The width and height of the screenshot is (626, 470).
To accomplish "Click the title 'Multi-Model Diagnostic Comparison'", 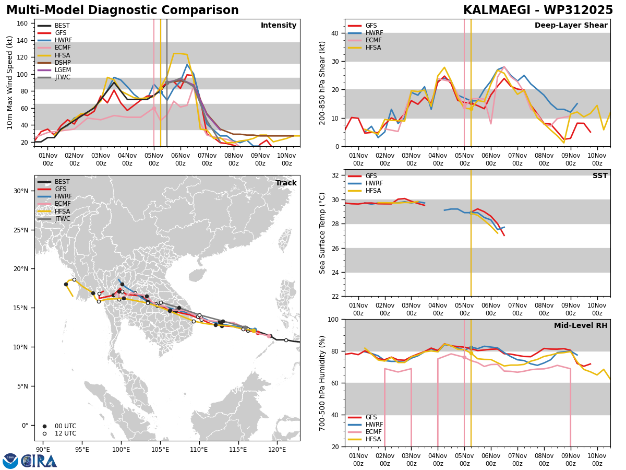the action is click(123, 10).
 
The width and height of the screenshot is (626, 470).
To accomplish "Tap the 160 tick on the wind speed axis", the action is click(22, 23).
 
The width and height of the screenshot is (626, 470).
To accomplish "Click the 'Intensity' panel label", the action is click(279, 26).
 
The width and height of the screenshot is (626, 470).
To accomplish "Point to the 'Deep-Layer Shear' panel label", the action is click(571, 26).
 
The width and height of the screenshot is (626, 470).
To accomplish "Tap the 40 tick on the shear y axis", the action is click(335, 33).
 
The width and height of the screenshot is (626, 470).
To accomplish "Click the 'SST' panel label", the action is click(600, 176).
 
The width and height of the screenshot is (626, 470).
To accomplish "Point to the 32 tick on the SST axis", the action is click(335, 175).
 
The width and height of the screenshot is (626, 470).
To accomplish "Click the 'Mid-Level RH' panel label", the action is click(581, 325).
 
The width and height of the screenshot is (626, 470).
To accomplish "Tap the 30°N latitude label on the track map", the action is click(21, 191).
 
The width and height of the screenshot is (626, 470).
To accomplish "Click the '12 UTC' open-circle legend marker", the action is click(44, 434).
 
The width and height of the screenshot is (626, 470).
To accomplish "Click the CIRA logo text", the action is click(39, 461).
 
